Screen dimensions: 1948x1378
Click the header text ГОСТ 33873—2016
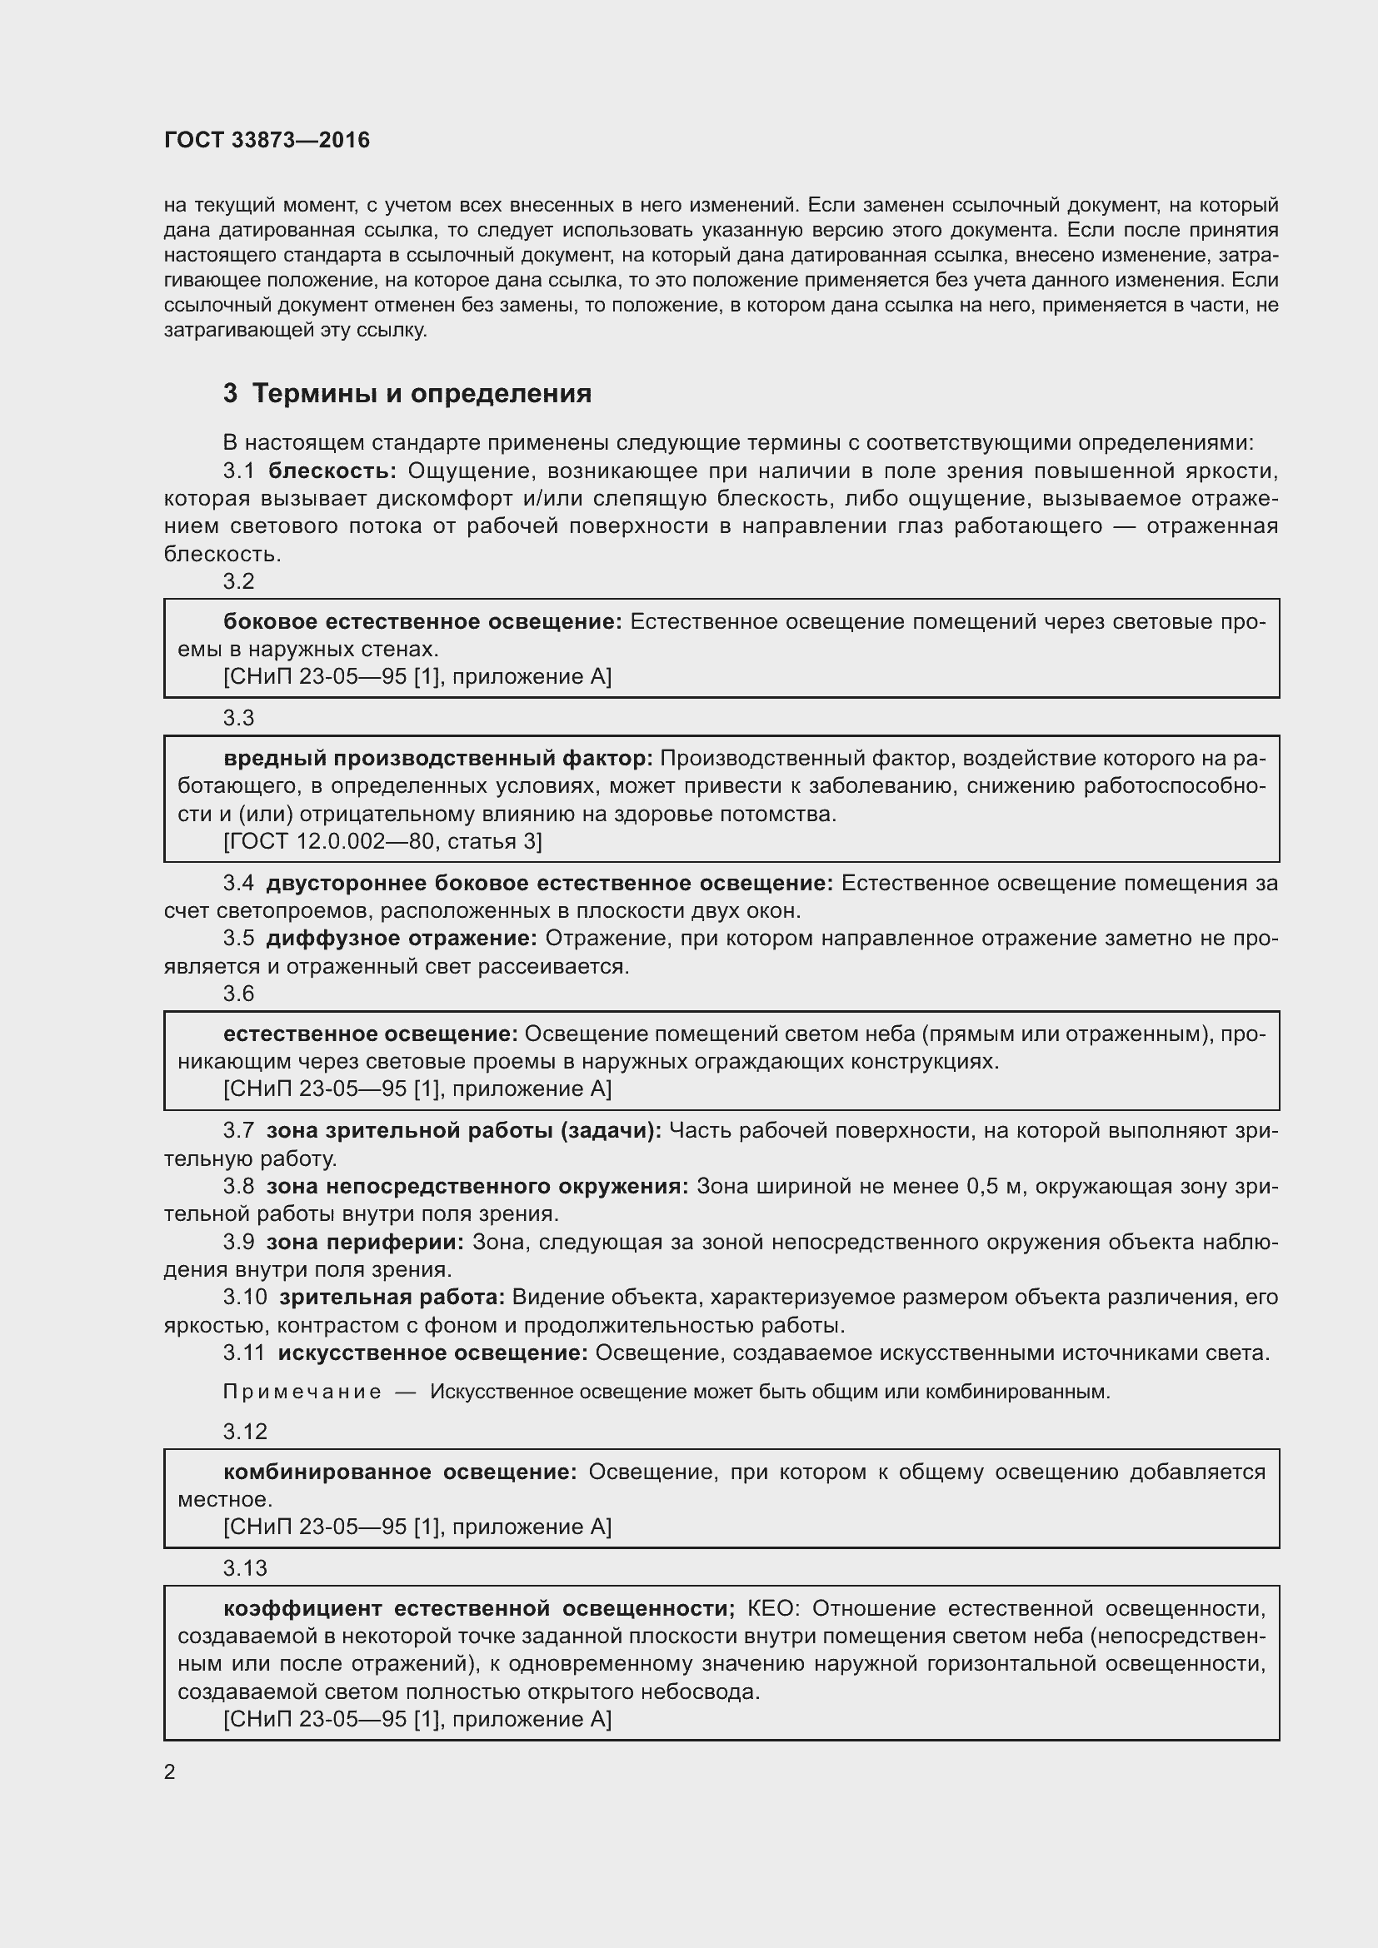pyautogui.click(x=267, y=140)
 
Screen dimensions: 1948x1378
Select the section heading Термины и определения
pyautogui.click(x=422, y=394)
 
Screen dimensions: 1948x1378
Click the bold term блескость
pyautogui.click(x=332, y=471)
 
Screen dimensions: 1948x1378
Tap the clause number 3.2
pyautogui.click(x=238, y=581)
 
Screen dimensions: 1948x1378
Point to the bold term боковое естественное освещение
pyautogui.click(x=422, y=622)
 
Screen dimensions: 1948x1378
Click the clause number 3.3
pyautogui.click(x=238, y=718)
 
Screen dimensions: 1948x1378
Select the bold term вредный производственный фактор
pyautogui.click(x=438, y=759)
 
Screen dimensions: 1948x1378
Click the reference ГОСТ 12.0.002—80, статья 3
pyautogui.click(x=382, y=841)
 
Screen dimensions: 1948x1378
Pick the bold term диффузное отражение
pyautogui.click(x=402, y=939)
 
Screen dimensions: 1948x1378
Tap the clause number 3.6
pyautogui.click(x=238, y=994)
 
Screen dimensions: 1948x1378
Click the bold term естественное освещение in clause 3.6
pyautogui.click(x=370, y=1034)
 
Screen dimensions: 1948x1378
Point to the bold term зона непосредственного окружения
pyautogui.click(x=477, y=1186)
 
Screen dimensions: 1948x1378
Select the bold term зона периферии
pyautogui.click(x=365, y=1242)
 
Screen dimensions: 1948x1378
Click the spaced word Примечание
pyautogui.click(x=302, y=1392)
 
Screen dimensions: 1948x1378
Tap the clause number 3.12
pyautogui.click(x=244, y=1432)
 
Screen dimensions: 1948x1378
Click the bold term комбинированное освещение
pyautogui.click(x=400, y=1472)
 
